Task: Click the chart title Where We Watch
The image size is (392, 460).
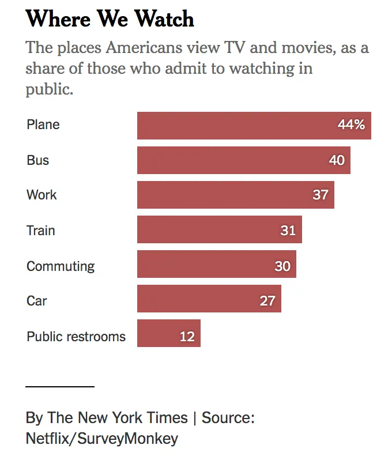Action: [x=110, y=19]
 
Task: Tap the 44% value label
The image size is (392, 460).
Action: [x=351, y=125]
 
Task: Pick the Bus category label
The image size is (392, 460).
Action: [x=38, y=160]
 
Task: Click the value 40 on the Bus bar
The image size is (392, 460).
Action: [x=337, y=160]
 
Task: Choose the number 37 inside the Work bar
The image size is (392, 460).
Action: [x=321, y=195]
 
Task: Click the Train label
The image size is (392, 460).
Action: [x=41, y=231]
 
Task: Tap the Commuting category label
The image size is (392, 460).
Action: [x=61, y=266]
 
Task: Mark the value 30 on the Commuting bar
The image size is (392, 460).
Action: [x=282, y=266]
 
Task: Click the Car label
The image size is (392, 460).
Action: [x=37, y=301]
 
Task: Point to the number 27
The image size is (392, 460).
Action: [x=267, y=301]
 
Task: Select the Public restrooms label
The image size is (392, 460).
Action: [x=76, y=337]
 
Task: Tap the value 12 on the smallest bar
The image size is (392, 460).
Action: [x=187, y=337]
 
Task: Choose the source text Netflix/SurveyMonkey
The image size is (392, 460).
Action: [x=102, y=438]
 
